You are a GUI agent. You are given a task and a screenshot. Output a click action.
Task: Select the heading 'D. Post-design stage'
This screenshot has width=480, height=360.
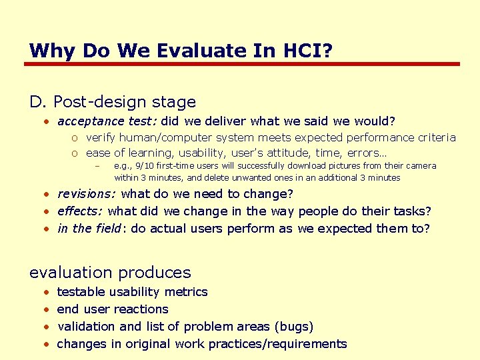point(113,102)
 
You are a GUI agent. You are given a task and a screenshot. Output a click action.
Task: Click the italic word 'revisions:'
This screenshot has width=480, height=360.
point(87,194)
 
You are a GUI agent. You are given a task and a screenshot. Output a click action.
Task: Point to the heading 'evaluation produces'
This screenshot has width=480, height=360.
point(110,272)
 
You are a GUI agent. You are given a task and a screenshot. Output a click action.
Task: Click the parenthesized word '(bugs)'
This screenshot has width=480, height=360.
point(293,327)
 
